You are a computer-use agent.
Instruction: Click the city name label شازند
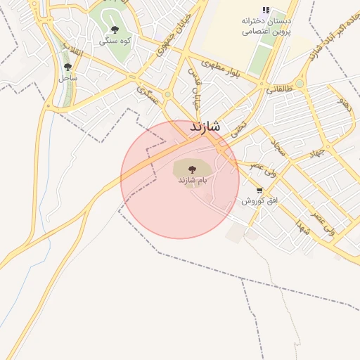(x=205, y=127)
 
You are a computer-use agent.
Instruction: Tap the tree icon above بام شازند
(x=192, y=168)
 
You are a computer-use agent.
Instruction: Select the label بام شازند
(x=193, y=181)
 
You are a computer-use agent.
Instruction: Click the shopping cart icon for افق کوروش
(x=260, y=191)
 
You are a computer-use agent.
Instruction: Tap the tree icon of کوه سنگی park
(x=115, y=30)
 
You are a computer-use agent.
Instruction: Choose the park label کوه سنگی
(x=115, y=41)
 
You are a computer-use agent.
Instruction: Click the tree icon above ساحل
(x=67, y=67)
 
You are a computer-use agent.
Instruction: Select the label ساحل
(x=68, y=78)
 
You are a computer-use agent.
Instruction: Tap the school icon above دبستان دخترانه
(x=266, y=11)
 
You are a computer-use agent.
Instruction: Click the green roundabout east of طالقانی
(x=300, y=84)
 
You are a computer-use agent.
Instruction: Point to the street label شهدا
(x=304, y=227)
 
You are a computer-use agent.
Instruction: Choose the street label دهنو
(x=345, y=103)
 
